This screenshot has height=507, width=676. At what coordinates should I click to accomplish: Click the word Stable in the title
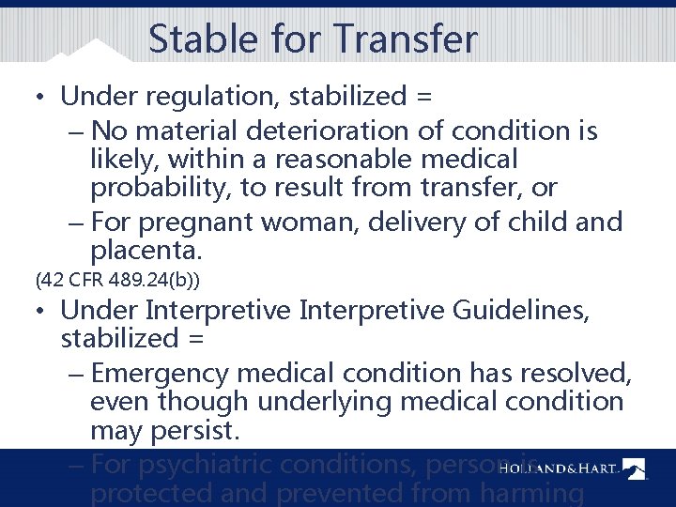(191, 39)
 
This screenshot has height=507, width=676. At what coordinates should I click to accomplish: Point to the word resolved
(569, 373)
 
